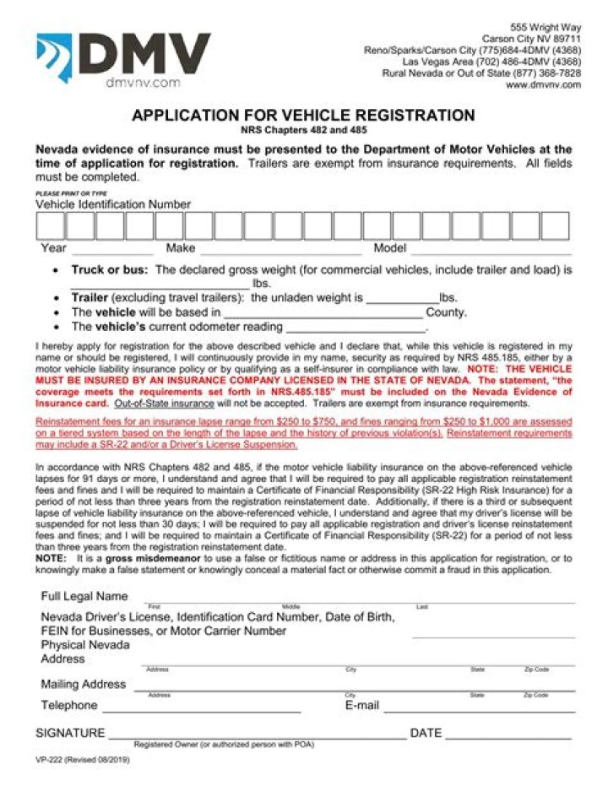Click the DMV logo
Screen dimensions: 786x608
point(122,57)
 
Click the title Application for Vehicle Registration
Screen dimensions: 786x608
point(303,116)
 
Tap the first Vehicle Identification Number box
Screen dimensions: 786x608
point(50,226)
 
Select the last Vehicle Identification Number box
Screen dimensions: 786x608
point(555,226)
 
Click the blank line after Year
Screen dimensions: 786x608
point(112,252)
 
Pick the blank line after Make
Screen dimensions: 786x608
point(280,252)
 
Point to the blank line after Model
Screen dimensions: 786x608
point(491,252)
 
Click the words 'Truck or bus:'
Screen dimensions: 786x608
point(110,270)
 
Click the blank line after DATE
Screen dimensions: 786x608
point(508,736)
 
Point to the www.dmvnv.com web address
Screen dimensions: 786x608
point(543,85)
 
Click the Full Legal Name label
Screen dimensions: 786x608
point(84,597)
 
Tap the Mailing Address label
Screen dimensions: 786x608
point(83,684)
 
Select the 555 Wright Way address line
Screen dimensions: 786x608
point(547,27)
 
